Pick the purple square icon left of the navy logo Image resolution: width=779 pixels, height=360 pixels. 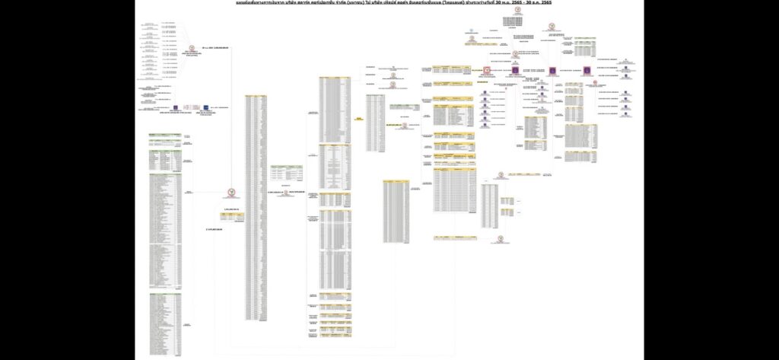pyautogui.click(x=175, y=108)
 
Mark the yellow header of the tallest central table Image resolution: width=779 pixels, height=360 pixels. pyautogui.click(x=256, y=96)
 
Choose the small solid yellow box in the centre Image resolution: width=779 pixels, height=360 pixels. pyautogui.click(x=359, y=119)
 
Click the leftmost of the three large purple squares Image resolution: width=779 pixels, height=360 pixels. pyautogui.click(x=515, y=71)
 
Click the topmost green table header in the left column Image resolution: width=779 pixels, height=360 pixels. pyautogui.click(x=165, y=134)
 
